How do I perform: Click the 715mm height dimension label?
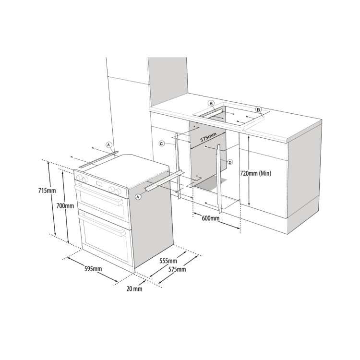tap(47, 191)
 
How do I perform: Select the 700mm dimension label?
tap(65, 206)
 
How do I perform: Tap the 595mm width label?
tap(93, 269)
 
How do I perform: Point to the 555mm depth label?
tap(168, 261)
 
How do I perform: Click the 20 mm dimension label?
tap(134, 289)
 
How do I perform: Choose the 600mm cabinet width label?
tap(211, 218)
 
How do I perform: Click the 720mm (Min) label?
tap(255, 173)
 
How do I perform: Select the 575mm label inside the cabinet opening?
tap(208, 138)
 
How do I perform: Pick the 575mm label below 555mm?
tap(177, 269)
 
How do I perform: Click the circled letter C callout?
tap(162, 144)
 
